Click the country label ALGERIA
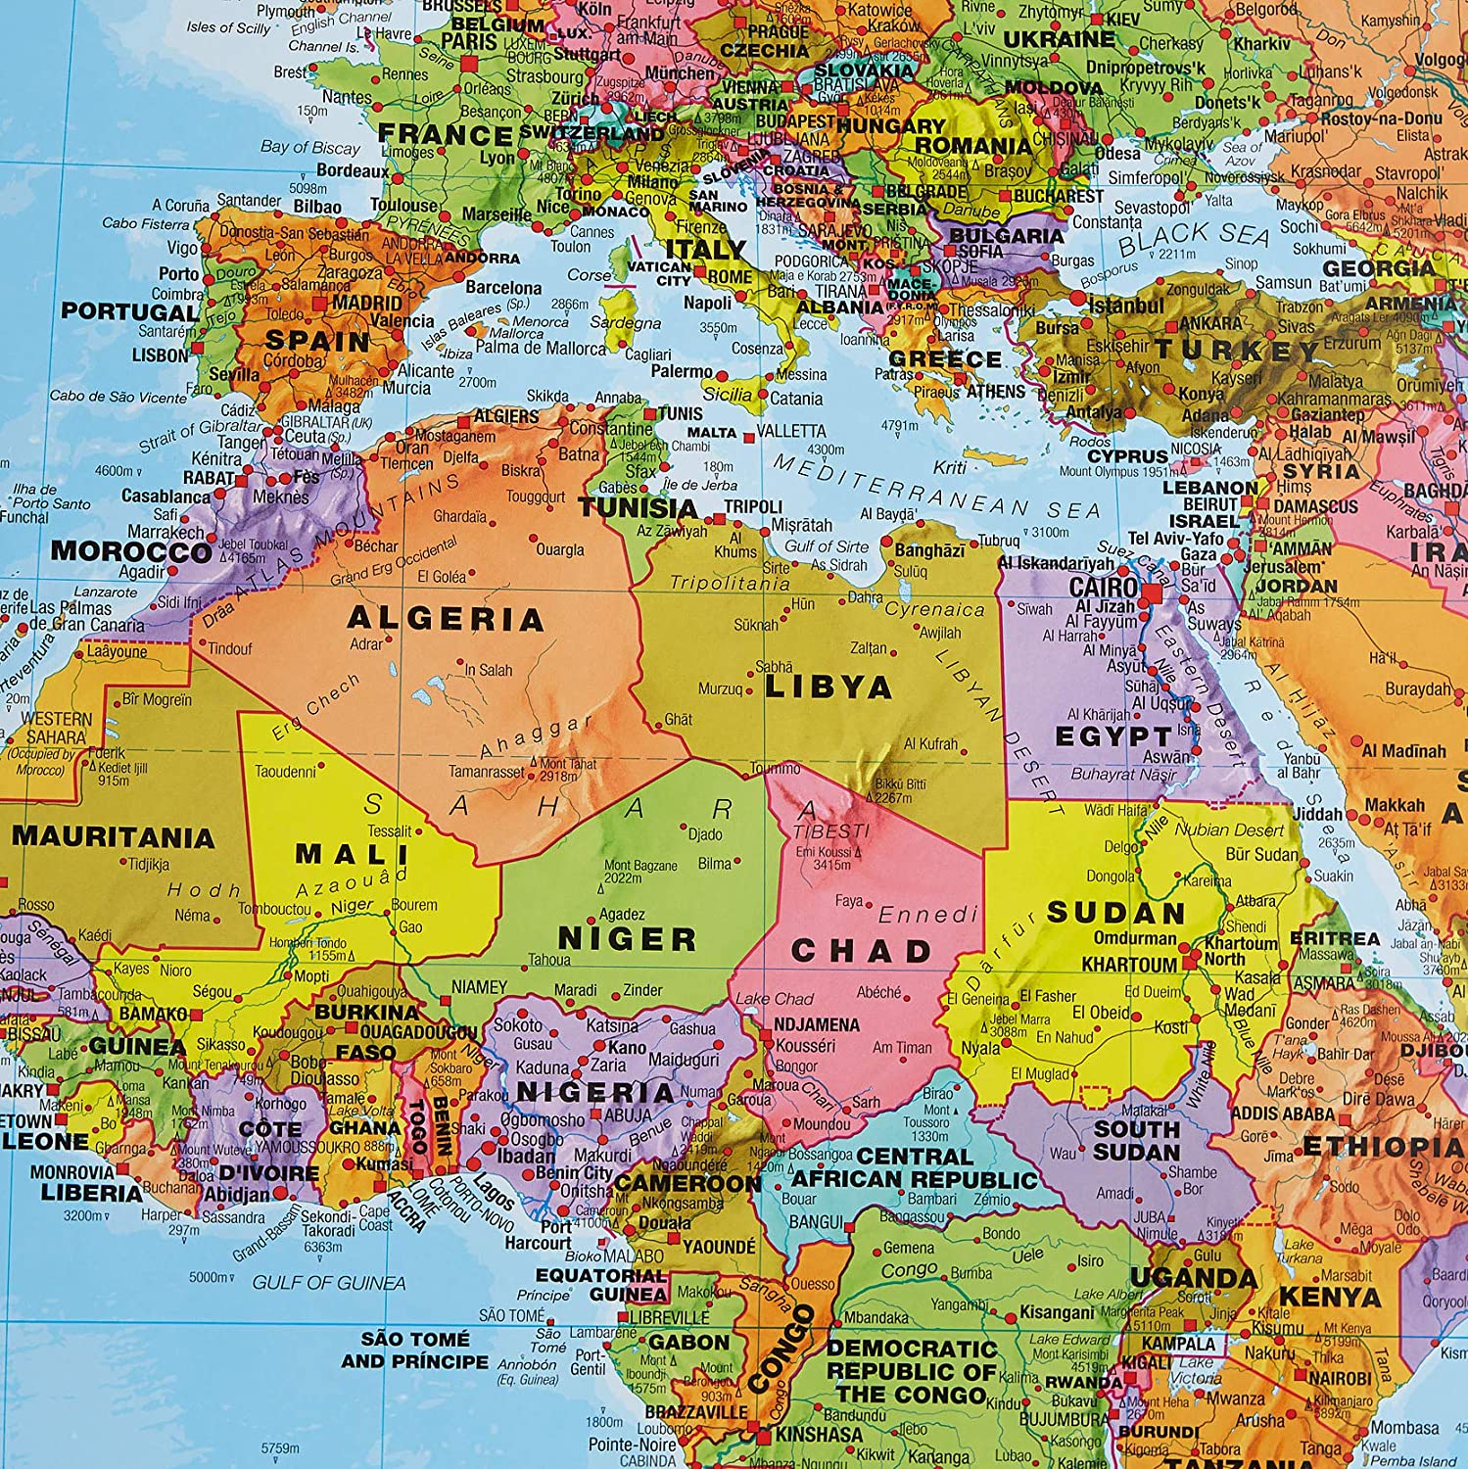pyautogui.click(x=446, y=619)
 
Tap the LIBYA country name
pyautogui.click(x=828, y=687)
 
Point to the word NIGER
pyautogui.click(x=627, y=938)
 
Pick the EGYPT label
pyautogui.click(x=1113, y=735)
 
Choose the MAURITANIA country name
pyautogui.click(x=114, y=837)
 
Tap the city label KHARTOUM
pyautogui.click(x=1129, y=965)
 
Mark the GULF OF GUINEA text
pyautogui.click(x=329, y=1282)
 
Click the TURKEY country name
pyautogui.click(x=1236, y=350)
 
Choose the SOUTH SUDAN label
pyautogui.click(x=1136, y=1139)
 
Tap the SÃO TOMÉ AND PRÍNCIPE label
pyautogui.click(x=414, y=1350)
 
